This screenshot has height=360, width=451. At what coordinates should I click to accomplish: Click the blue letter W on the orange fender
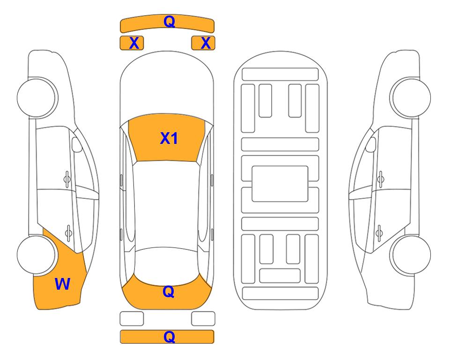(62, 284)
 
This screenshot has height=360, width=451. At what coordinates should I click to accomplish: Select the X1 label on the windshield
(169, 138)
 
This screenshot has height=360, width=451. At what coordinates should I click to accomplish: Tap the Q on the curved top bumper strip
(169, 21)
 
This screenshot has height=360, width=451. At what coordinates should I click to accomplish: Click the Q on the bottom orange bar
(169, 337)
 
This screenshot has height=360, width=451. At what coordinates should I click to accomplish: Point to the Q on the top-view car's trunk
(168, 292)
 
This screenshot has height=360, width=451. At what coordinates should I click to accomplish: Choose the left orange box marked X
(132, 43)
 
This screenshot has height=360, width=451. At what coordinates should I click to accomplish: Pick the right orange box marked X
(203, 43)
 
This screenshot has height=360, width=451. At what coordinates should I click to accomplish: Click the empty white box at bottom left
(132, 319)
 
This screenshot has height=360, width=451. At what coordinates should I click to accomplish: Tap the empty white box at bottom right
(203, 319)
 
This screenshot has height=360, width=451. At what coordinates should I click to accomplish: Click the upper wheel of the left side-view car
(37, 97)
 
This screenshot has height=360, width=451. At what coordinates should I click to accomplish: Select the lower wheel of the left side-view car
(37, 255)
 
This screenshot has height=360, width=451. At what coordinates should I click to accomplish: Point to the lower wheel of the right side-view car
(411, 255)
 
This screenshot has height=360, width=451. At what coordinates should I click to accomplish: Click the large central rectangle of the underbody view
(280, 184)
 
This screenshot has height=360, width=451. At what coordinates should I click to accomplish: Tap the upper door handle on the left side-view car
(67, 179)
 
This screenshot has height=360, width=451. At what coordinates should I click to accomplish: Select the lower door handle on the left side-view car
(68, 232)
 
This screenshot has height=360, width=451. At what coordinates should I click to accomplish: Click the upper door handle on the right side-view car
(380, 179)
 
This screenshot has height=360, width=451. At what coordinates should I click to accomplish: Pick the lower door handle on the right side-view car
(379, 232)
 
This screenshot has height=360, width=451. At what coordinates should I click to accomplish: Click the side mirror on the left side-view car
(77, 144)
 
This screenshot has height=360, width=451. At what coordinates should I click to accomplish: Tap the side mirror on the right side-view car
(370, 144)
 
